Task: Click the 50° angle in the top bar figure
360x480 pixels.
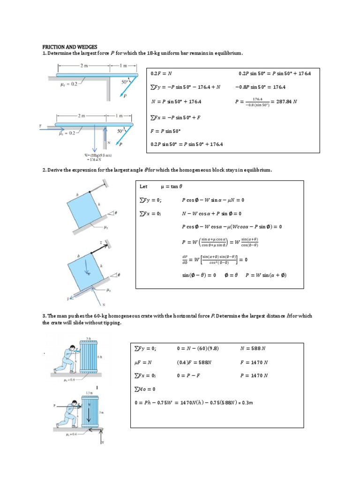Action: (x=125, y=82)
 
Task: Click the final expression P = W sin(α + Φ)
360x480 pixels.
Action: (x=266, y=275)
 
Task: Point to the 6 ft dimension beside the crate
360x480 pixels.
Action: (x=99, y=357)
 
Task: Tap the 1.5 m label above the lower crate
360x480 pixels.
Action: (x=89, y=392)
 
